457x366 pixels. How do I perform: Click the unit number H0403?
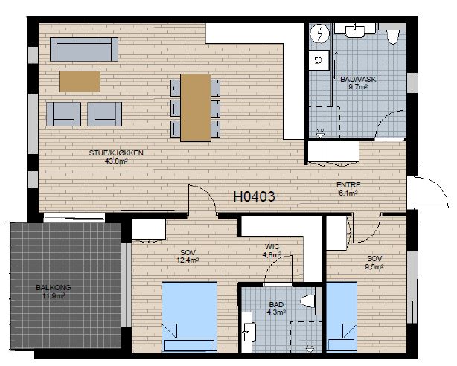pyautogui.click(x=254, y=196)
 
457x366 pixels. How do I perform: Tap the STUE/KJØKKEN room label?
pyautogui.click(x=116, y=153)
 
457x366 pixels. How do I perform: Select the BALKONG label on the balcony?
pyautogui.click(x=54, y=288)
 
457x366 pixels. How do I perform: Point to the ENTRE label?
pyautogui.click(x=348, y=184)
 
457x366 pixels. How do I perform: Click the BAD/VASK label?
pyautogui.click(x=358, y=79)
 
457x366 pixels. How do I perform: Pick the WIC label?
pyautogui.click(x=272, y=247)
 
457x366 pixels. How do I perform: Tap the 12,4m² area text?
pyautogui.click(x=188, y=260)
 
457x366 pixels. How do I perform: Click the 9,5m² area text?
pyautogui.click(x=374, y=266)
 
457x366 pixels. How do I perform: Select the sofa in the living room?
pyautogui.click(x=84, y=49)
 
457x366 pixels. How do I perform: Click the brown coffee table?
pyautogui.click(x=80, y=81)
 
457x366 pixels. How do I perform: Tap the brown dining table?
pyautogui.click(x=196, y=108)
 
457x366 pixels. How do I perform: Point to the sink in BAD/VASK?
pyautogui.click(x=355, y=30)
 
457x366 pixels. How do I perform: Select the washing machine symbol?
pyautogui.click(x=319, y=60)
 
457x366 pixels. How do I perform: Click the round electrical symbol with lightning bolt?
pyautogui.click(x=320, y=33)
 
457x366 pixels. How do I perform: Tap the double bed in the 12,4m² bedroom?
pyautogui.click(x=190, y=316)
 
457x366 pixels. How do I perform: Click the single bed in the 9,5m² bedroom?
pyautogui.click(x=342, y=316)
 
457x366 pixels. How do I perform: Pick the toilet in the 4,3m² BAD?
pyautogui.click(x=308, y=301)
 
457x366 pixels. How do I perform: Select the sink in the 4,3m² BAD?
pyautogui.click(x=249, y=331)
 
